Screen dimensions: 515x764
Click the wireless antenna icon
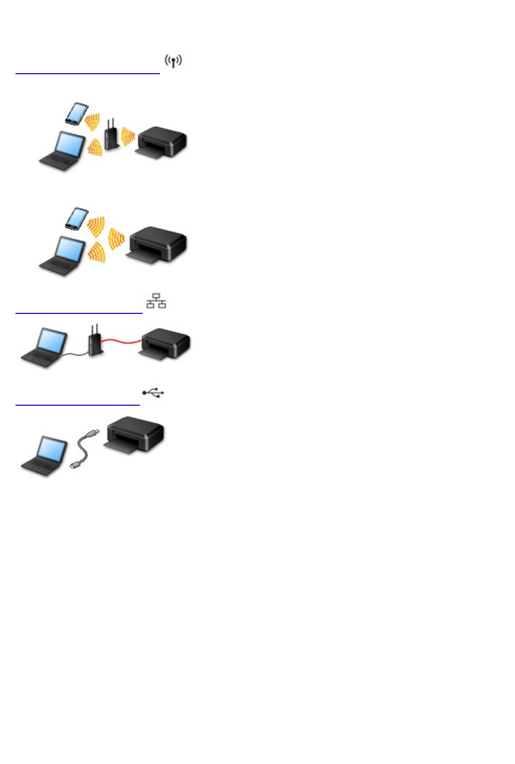[174, 62]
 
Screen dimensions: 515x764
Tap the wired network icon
[156, 301]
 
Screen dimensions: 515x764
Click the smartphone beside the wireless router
[77, 113]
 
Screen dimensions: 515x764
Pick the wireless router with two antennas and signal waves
[111, 135]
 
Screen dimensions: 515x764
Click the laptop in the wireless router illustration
[62, 151]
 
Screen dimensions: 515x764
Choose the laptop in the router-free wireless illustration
[62, 256]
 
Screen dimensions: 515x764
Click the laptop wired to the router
[44, 347]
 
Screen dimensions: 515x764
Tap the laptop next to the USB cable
[44, 456]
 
